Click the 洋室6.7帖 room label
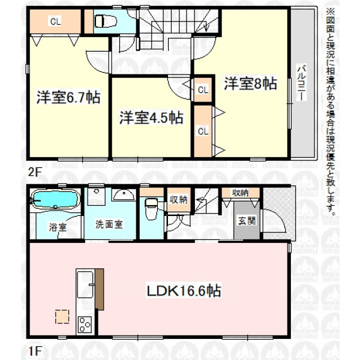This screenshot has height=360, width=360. pos(68,97)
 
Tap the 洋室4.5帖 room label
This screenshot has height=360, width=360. pos(151,118)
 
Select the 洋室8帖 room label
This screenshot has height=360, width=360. pos(250,83)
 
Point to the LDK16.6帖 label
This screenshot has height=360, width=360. pos(184,290)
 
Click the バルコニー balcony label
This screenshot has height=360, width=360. pos(301,83)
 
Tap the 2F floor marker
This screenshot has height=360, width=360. pos(34,173)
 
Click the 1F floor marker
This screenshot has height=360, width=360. pos(34,351)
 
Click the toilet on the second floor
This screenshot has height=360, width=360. pos(106,21)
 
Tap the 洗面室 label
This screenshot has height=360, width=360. pos(109,224)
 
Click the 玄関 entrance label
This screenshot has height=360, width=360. pos(247,221)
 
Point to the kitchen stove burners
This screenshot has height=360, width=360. pos(85,324)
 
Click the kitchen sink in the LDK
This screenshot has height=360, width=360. pos(85,284)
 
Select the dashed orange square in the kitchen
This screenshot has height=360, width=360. pos(62,317)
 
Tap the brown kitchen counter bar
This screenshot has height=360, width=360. pos(100,289)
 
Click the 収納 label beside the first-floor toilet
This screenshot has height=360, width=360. pos(178,200)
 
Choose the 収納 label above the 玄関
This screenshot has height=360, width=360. pos(241,193)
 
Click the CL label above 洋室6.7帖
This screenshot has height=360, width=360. pos(55,22)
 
